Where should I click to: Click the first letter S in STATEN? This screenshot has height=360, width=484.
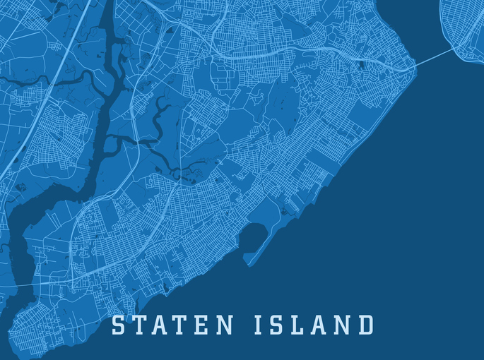119,326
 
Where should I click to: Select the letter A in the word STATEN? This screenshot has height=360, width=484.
162,326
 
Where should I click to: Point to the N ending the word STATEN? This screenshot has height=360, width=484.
224,326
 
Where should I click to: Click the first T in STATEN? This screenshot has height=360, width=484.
141,326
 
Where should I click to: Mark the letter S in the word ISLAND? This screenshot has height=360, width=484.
278,326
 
